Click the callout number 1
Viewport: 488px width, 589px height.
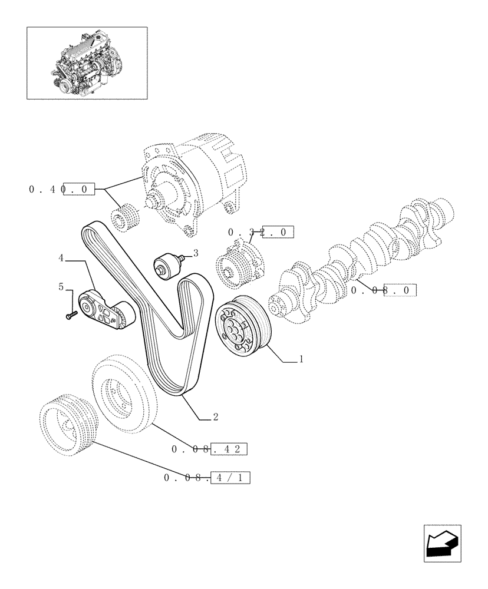click(x=301, y=359)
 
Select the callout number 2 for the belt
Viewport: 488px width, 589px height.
click(x=216, y=417)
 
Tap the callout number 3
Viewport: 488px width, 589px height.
click(x=195, y=253)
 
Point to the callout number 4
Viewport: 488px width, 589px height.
click(x=61, y=258)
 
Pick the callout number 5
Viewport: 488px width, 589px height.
click(x=61, y=287)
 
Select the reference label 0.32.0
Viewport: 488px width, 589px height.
click(x=260, y=232)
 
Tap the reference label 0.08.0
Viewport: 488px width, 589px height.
click(x=384, y=290)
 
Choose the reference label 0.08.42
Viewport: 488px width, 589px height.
click(x=209, y=449)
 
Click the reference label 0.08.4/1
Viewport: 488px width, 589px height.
click(x=206, y=478)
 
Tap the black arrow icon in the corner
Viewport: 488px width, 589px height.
click(x=442, y=544)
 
